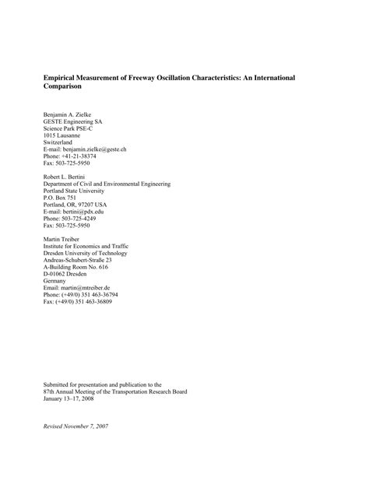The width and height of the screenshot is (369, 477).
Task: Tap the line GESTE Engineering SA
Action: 72,122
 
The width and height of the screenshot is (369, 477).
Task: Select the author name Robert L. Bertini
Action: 66,177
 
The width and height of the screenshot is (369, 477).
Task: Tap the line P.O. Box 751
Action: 61,198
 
